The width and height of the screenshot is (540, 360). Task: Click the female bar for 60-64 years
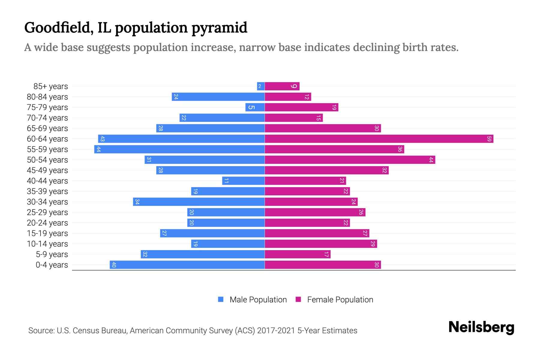tap(379, 139)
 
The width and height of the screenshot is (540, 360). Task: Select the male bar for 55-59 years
tap(179, 149)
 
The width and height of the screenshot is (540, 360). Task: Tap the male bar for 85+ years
tap(261, 86)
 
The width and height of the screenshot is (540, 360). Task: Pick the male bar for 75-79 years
tap(255, 107)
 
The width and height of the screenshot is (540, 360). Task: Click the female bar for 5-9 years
tap(298, 254)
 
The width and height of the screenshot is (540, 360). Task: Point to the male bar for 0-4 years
tap(187, 265)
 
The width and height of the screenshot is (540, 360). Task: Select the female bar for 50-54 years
tap(350, 160)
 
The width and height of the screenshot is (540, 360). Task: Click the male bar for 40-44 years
tap(243, 181)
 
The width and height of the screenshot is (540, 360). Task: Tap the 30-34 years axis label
tap(47, 202)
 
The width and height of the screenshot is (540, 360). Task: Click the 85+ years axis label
tap(51, 86)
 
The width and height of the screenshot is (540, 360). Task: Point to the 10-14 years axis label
tap(47, 244)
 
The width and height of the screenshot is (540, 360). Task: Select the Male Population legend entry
tap(252, 300)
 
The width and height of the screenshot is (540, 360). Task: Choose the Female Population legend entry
tap(334, 300)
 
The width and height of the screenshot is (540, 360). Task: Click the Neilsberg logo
tap(481, 327)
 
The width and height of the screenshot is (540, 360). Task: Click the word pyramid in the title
tap(219, 28)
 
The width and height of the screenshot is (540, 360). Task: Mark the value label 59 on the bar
tap(489, 139)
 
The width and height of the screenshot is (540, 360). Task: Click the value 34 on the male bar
tap(137, 202)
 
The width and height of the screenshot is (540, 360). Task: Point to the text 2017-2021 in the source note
tap(276, 331)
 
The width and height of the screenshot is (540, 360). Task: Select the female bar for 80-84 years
tap(288, 97)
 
